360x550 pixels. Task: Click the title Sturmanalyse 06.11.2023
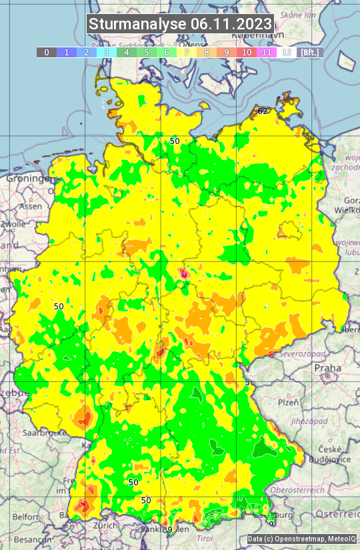(180, 25)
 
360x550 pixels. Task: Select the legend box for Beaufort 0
(47, 52)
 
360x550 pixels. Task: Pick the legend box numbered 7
(187, 52)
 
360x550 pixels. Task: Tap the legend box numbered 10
(247, 52)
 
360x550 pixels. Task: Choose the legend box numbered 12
(287, 52)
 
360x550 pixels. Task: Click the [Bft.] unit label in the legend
(310, 52)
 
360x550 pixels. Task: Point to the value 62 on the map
(263, 111)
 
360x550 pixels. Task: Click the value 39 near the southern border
(167, 529)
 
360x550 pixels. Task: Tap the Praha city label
(327, 367)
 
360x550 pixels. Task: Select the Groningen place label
(28, 179)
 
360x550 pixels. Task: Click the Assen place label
(30, 207)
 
